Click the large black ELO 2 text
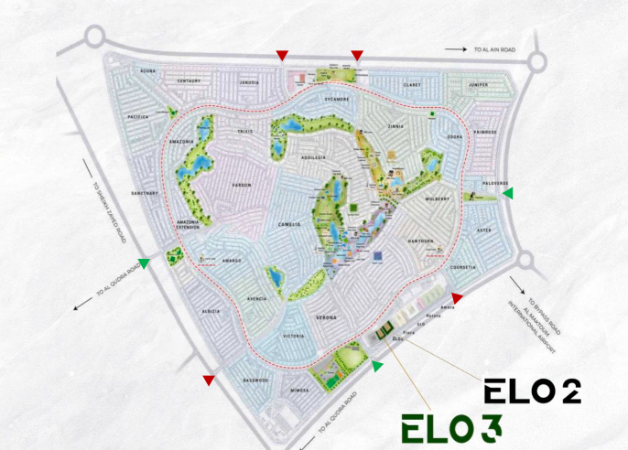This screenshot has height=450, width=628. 532,391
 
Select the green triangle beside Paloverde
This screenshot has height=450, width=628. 507,193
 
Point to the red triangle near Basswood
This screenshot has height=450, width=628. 209,380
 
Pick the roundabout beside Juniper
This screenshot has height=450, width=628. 536,61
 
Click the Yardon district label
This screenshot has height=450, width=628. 241,185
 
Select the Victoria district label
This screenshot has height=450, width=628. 294,337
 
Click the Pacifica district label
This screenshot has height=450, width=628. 138,117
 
